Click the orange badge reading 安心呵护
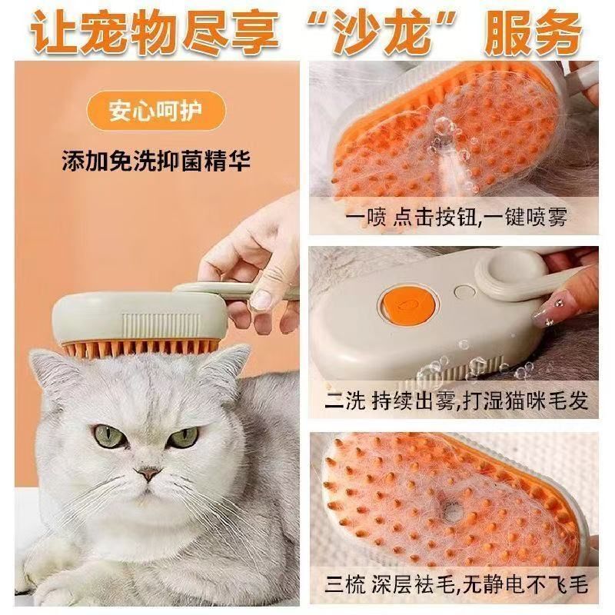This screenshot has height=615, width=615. (x=156, y=111)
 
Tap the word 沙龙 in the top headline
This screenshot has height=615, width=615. (x=382, y=32)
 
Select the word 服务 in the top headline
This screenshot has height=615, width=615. (x=532, y=32)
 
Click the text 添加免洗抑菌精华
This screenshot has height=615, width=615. (x=156, y=161)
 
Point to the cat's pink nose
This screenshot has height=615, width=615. (x=148, y=473)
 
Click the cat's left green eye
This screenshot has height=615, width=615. (x=108, y=436)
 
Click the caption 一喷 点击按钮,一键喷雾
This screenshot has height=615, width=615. (x=456, y=217)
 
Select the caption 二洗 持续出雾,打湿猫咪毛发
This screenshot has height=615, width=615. (x=456, y=401)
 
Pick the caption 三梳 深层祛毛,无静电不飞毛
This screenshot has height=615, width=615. (x=456, y=585)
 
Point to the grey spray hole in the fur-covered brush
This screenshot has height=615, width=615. (x=452, y=510)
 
